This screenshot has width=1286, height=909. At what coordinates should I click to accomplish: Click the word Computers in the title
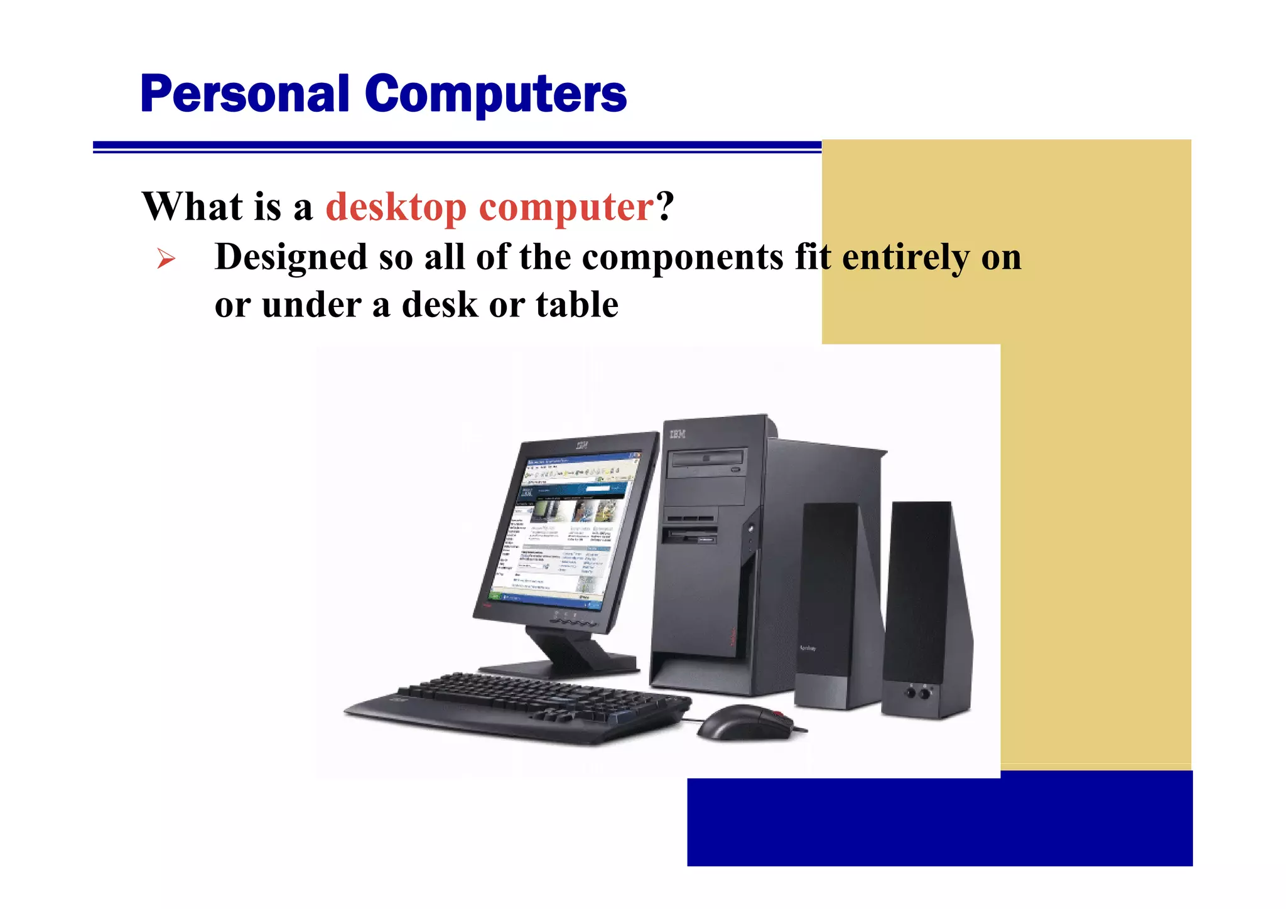[495, 94]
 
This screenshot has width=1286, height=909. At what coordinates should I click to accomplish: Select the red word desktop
[396, 207]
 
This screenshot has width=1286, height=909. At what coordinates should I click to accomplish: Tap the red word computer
[566, 207]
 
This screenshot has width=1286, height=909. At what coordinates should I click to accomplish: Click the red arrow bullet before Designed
[166, 258]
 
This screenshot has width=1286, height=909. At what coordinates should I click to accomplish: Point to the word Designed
[291, 257]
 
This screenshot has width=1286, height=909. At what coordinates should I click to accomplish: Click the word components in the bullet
[683, 257]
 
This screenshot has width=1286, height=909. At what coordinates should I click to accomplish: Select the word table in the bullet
[577, 305]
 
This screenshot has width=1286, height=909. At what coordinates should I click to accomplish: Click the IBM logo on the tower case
[678, 434]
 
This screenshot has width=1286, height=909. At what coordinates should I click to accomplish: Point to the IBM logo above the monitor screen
[582, 445]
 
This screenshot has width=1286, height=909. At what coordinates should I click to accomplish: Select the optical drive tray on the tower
[707, 460]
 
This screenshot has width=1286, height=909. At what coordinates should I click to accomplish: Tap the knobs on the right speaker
[917, 693]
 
